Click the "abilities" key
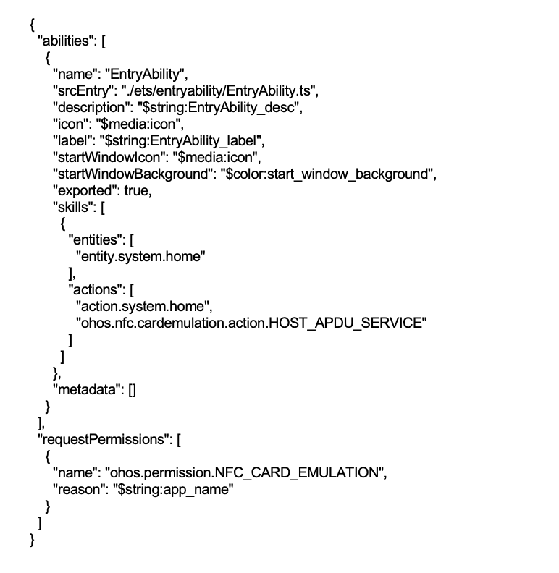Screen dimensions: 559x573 (x=64, y=41)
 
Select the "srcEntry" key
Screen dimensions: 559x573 (x=83, y=90)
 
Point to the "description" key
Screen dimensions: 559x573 (x=91, y=107)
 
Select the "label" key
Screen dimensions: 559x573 (x=72, y=140)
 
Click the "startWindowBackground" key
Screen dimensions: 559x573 (x=133, y=174)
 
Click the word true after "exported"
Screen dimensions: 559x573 (x=136, y=191)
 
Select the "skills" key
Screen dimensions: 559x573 (x=73, y=207)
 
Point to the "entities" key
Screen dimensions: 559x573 (x=95, y=240)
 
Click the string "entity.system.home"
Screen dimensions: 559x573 (x=141, y=257)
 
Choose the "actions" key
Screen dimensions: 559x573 (x=95, y=290)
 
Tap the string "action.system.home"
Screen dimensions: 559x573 (x=143, y=307)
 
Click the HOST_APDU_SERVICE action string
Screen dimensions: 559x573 (x=251, y=323)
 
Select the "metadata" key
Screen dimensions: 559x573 (x=87, y=390)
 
